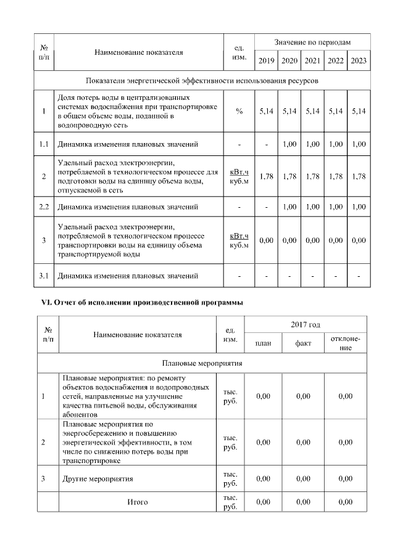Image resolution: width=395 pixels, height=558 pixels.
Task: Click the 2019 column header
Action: (x=266, y=60)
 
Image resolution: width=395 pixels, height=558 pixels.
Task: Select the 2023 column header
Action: (x=358, y=60)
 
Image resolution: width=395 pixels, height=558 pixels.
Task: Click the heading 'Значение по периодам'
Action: (x=312, y=42)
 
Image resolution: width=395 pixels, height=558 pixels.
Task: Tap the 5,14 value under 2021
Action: (x=312, y=111)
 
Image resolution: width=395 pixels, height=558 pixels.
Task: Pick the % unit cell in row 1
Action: (x=239, y=111)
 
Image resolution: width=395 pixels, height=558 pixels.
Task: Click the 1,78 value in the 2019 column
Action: (x=266, y=176)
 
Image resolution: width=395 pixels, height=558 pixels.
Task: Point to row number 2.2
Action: (x=44, y=206)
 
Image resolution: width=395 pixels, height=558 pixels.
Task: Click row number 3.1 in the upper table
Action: (x=44, y=275)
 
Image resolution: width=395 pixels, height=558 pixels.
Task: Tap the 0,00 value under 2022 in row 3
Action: (x=335, y=240)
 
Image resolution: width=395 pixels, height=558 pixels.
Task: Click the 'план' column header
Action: (x=264, y=343)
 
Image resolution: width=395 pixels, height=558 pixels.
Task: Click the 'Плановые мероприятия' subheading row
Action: (x=202, y=363)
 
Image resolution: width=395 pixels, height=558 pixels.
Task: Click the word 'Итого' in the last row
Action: (x=137, y=502)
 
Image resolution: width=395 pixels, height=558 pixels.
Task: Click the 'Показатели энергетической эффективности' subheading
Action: (x=202, y=81)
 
